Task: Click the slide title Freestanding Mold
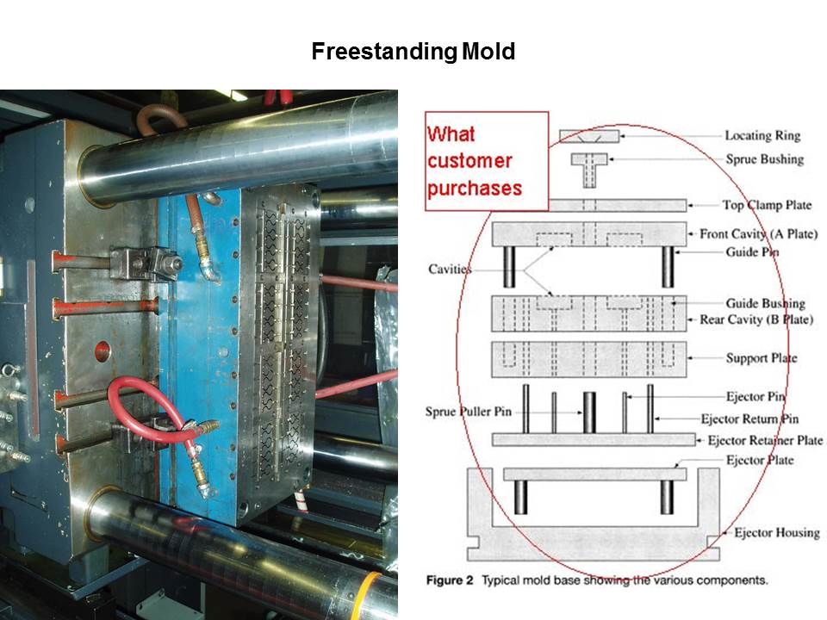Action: click(413, 52)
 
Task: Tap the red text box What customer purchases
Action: click(487, 161)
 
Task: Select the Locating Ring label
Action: click(762, 135)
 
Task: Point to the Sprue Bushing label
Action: click(765, 159)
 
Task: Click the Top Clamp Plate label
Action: click(767, 205)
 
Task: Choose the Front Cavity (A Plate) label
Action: click(758, 233)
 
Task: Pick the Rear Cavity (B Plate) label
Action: click(755, 319)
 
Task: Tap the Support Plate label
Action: click(761, 358)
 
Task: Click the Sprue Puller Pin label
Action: click(469, 412)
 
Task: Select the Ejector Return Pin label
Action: click(749, 419)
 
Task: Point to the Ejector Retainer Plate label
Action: click(765, 440)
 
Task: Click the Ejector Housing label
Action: click(777, 533)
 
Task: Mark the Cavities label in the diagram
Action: click(450, 270)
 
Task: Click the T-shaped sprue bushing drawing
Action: click(589, 170)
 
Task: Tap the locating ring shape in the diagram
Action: click(589, 136)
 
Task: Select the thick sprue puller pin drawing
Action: click(589, 412)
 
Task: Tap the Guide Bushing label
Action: click(765, 303)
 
